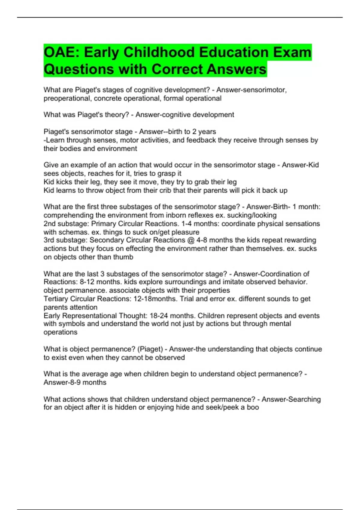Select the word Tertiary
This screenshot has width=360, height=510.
tap(56, 299)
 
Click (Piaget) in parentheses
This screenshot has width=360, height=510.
tap(150, 349)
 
